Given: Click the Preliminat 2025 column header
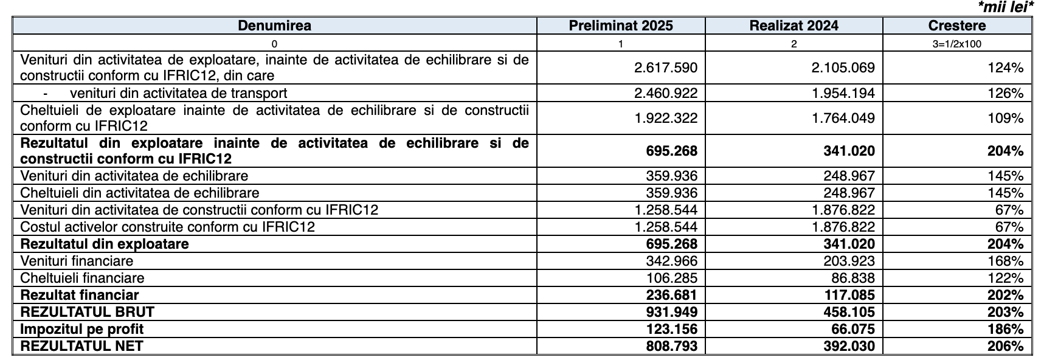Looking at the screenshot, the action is pyautogui.click(x=620, y=26).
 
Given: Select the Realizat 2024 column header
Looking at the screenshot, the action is pyautogui.click(x=794, y=26).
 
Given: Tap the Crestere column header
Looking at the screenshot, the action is pyautogui.click(x=956, y=26).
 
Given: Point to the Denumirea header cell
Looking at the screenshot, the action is pyautogui.click(x=274, y=26).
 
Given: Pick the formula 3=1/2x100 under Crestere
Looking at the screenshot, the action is pyautogui.click(x=956, y=44).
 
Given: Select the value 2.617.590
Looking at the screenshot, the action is pyautogui.click(x=666, y=67).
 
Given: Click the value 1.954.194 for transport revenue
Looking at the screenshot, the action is pyautogui.click(x=843, y=93).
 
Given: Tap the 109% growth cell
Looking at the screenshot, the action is pyautogui.click(x=1008, y=119).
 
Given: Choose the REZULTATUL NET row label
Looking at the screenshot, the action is pyautogui.click(x=82, y=346).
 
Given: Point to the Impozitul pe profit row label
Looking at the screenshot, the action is pyautogui.click(x=82, y=329).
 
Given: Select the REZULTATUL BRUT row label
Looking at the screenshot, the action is pyautogui.click(x=88, y=312).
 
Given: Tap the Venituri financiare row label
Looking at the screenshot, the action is pyautogui.click(x=77, y=261).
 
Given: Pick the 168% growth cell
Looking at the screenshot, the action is pyautogui.click(x=1008, y=261).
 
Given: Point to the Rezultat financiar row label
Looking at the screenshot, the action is pyautogui.click(x=80, y=295).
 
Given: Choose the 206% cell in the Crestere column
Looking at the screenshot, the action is pyautogui.click(x=1007, y=346).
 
